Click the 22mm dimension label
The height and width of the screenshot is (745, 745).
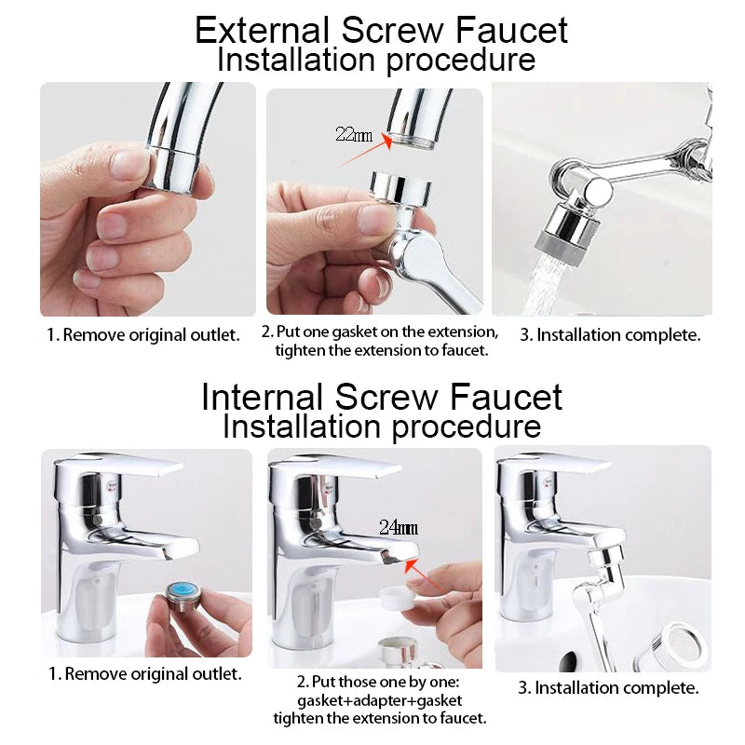tap(353, 134)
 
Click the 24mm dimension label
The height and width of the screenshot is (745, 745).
tap(399, 527)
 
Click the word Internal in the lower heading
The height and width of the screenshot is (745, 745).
tap(264, 397)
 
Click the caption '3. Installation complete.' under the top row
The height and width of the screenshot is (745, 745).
tap(610, 334)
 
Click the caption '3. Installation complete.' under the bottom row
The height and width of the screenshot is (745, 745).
tap(608, 688)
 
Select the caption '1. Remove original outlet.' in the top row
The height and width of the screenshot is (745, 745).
tap(143, 334)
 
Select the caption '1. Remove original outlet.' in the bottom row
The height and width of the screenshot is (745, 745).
tap(144, 673)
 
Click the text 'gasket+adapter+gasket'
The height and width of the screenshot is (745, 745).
tap(379, 699)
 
